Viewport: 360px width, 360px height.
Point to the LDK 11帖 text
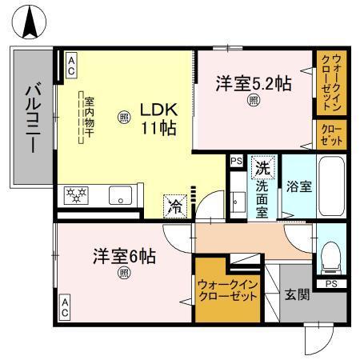(158, 117)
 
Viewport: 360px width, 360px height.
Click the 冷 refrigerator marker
(174, 205)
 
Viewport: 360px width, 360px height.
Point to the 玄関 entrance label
(298, 295)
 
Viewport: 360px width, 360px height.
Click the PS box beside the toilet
(331, 282)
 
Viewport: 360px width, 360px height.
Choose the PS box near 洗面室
(235, 161)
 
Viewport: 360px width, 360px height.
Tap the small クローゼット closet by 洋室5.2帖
(329, 133)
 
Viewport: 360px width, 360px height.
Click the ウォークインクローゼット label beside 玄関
(227, 289)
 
